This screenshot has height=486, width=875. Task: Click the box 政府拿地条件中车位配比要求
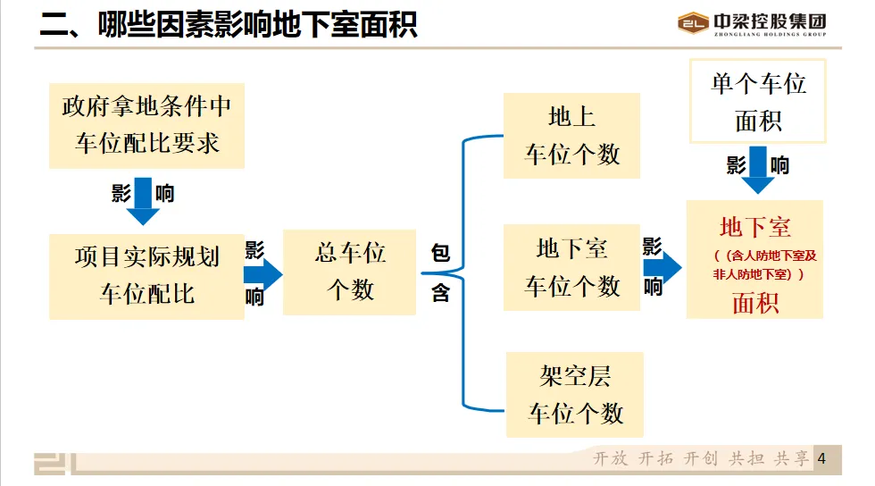coord(146,125)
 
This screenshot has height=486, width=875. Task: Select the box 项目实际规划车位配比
coord(146,276)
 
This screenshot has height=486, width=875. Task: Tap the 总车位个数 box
coord(349,272)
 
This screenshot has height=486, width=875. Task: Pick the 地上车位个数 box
coord(571,136)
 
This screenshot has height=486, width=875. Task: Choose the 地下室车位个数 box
coord(571,267)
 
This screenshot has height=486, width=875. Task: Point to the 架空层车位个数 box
coord(574,394)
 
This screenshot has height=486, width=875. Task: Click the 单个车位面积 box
coord(758,101)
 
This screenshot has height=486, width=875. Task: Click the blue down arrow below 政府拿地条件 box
coord(143,205)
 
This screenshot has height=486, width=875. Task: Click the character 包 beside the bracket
coord(440,254)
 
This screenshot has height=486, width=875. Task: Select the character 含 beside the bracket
coord(440,292)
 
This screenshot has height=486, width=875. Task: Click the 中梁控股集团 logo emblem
coord(693,23)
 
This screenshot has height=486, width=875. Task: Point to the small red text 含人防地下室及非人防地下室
coord(754,264)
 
